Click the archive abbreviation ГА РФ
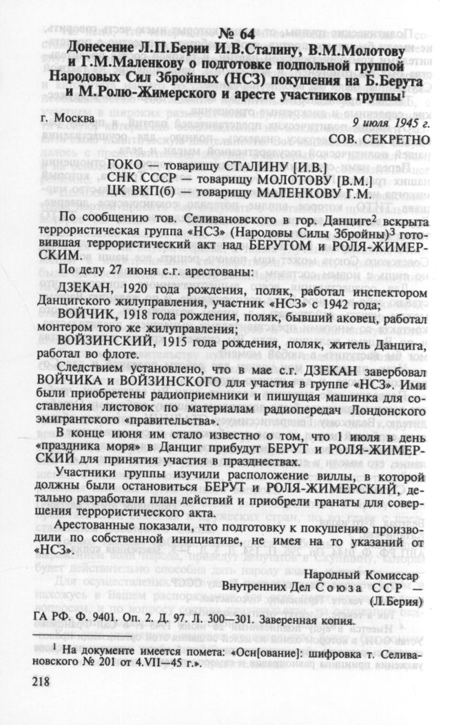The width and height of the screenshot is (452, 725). [x=48, y=620]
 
